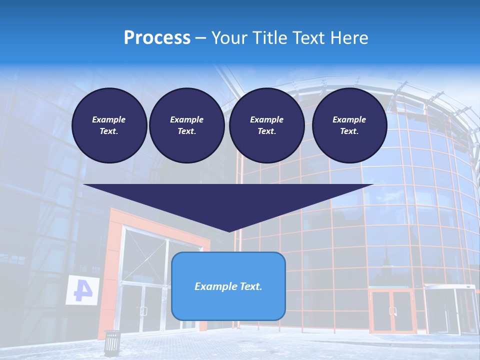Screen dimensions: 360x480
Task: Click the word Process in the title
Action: [157, 38]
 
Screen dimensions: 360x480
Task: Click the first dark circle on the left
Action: [109, 125]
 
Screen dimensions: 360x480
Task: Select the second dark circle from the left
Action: [187, 125]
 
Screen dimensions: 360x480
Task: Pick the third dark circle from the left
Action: [267, 125]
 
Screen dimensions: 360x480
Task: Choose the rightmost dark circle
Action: [349, 125]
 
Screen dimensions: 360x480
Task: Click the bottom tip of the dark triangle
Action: [229, 230]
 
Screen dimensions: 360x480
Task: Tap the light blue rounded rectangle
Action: [228, 305]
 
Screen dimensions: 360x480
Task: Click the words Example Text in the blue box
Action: [228, 286]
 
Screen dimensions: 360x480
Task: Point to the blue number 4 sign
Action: [81, 290]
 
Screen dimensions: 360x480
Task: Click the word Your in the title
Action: [230, 38]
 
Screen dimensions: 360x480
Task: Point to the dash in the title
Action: [201, 38]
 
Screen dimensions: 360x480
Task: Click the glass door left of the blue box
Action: [145, 300]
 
